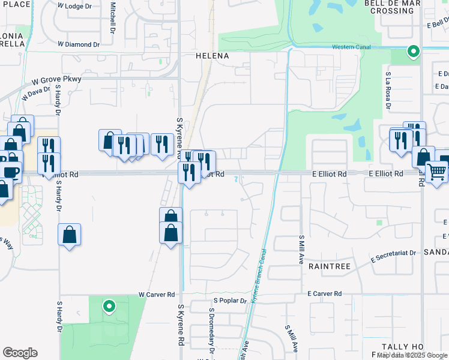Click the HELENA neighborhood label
[212, 56]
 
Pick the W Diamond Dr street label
[79, 44]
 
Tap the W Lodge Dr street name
[78, 5]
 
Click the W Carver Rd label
[156, 295]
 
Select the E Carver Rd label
[324, 294]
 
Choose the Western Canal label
[351, 47]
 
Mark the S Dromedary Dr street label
[211, 330]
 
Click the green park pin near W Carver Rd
[109, 307]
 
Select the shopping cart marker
[436, 172]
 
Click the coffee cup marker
[12, 172]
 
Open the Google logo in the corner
[20, 353]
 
